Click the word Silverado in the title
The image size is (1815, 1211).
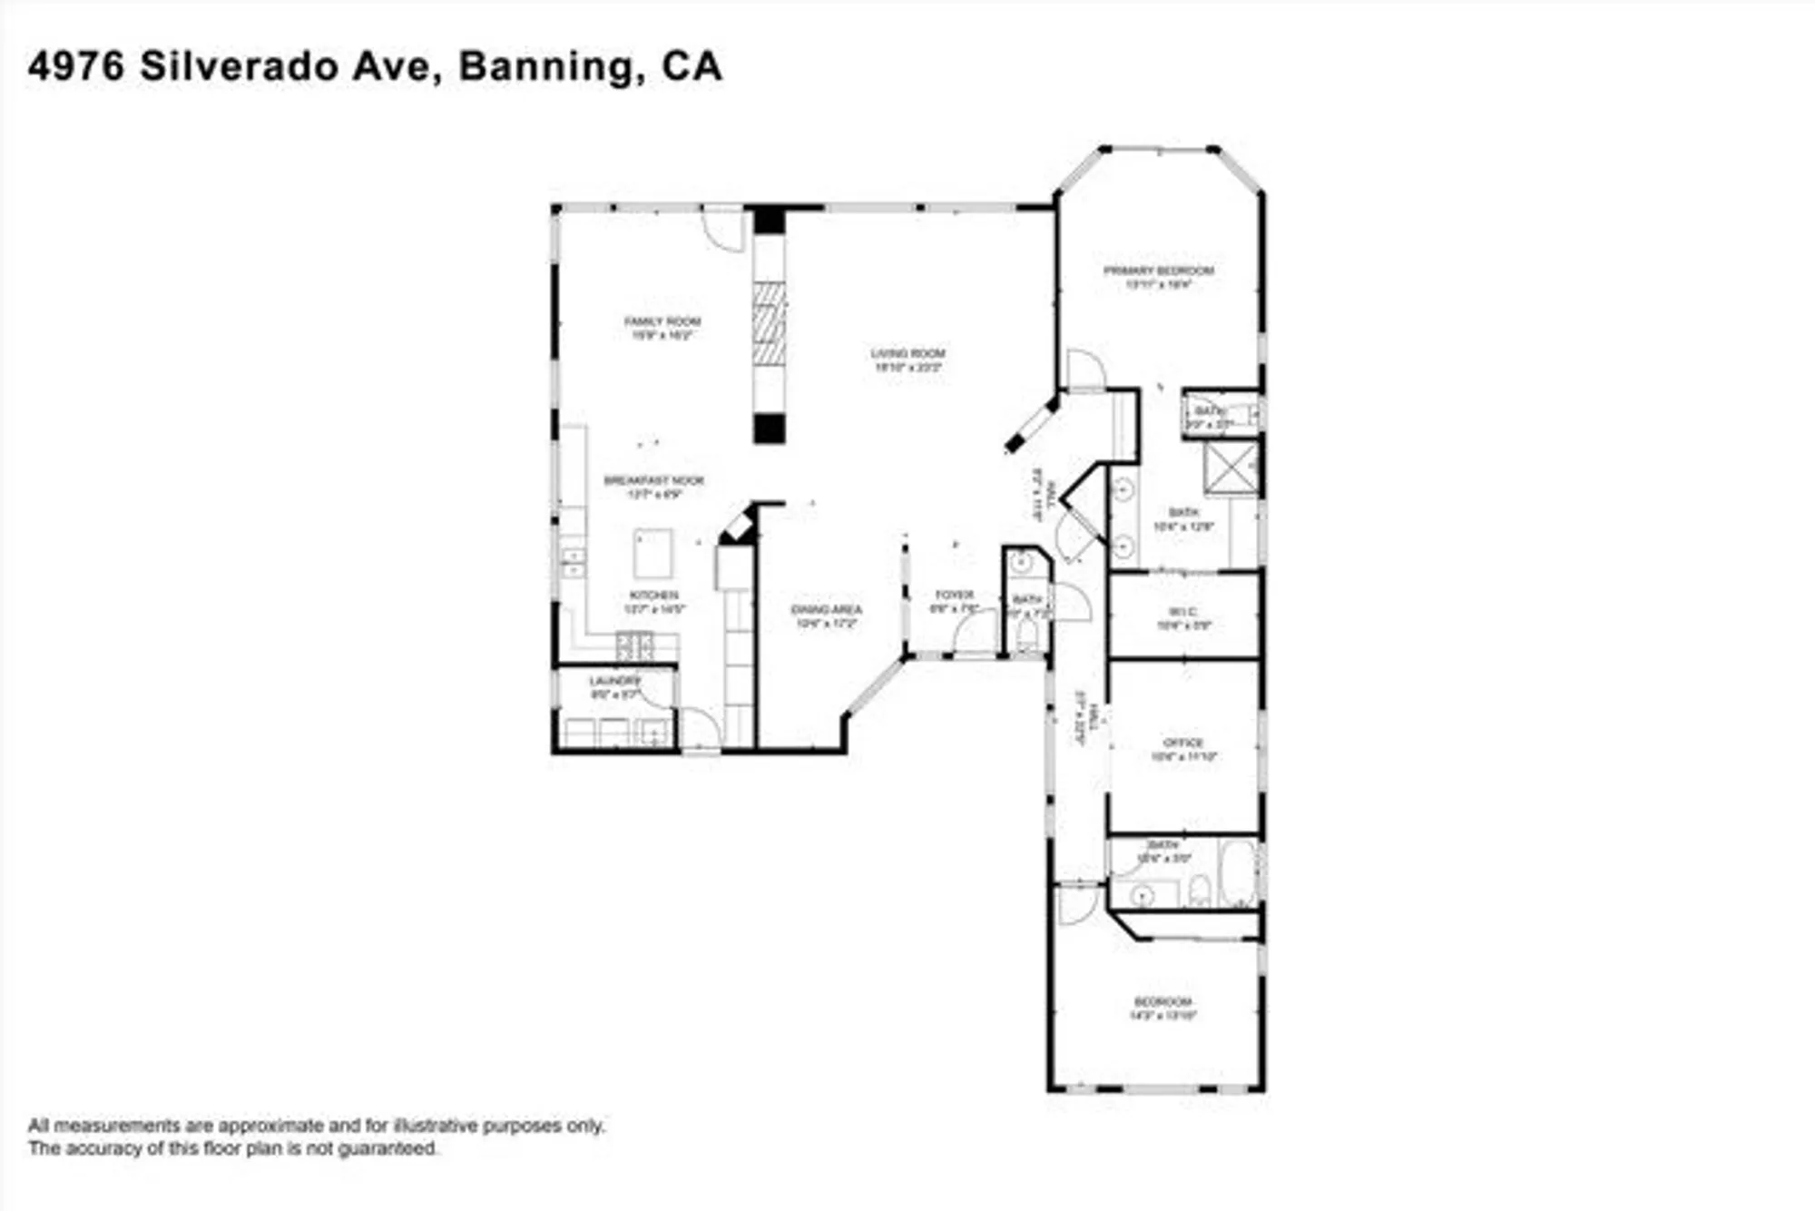point(238,66)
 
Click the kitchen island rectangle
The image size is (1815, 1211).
point(653,554)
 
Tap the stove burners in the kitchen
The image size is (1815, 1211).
point(634,646)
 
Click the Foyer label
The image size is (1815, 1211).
point(954,596)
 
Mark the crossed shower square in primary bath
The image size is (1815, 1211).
point(1231,468)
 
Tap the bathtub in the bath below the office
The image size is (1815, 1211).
point(1236,873)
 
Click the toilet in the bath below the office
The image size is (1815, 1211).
point(1199,890)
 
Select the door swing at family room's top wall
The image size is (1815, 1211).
point(723,231)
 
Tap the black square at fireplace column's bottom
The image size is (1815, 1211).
point(769,428)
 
